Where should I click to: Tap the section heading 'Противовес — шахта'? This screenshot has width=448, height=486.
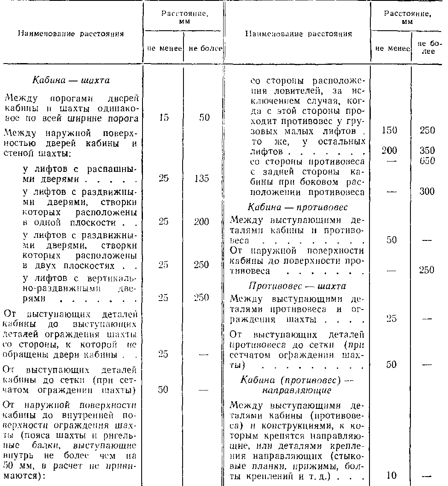[x=297, y=286]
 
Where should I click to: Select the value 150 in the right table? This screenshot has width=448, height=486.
[x=391, y=130]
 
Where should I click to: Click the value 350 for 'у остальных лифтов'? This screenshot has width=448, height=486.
[x=427, y=150]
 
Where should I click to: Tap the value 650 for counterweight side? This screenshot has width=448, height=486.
[x=427, y=161]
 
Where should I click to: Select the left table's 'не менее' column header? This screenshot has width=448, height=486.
[x=164, y=49]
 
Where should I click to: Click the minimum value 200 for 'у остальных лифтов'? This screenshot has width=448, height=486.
[x=391, y=150]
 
